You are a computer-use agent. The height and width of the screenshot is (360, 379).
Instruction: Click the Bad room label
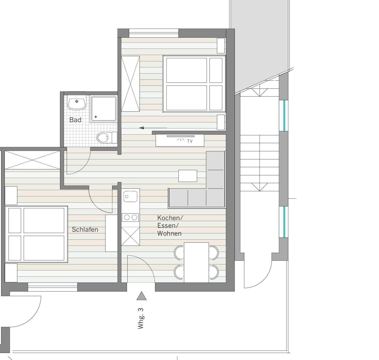(x=75, y=120)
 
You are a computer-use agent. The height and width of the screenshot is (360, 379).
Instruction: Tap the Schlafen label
(x=85, y=229)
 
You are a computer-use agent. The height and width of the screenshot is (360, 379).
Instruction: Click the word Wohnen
(x=170, y=233)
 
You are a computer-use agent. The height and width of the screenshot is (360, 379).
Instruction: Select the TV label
(x=190, y=141)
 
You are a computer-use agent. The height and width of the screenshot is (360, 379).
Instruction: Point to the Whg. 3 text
(x=141, y=318)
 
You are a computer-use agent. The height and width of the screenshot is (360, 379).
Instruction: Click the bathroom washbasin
(x=77, y=103)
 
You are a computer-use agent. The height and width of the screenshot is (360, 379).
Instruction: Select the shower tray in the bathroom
(x=104, y=109)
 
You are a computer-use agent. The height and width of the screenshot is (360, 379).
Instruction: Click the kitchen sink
(x=131, y=196)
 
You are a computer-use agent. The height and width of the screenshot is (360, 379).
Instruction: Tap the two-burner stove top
(x=131, y=218)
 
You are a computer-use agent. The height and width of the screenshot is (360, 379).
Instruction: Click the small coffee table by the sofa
(x=188, y=176)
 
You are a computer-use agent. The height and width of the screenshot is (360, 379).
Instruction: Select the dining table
(x=196, y=262)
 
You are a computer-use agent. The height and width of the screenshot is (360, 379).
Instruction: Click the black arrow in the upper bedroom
(x=153, y=128)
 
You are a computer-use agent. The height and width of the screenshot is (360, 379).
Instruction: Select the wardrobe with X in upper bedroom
(x=130, y=84)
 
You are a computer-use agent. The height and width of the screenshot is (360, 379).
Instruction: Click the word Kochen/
(x=170, y=218)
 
